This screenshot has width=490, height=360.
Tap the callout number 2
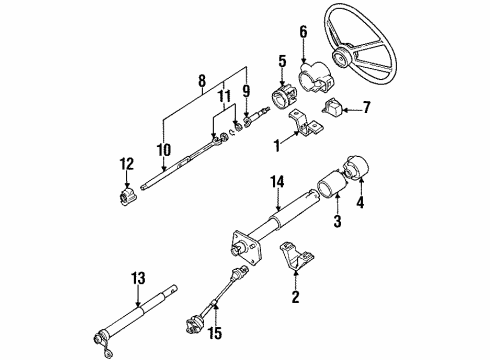(296, 295)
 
